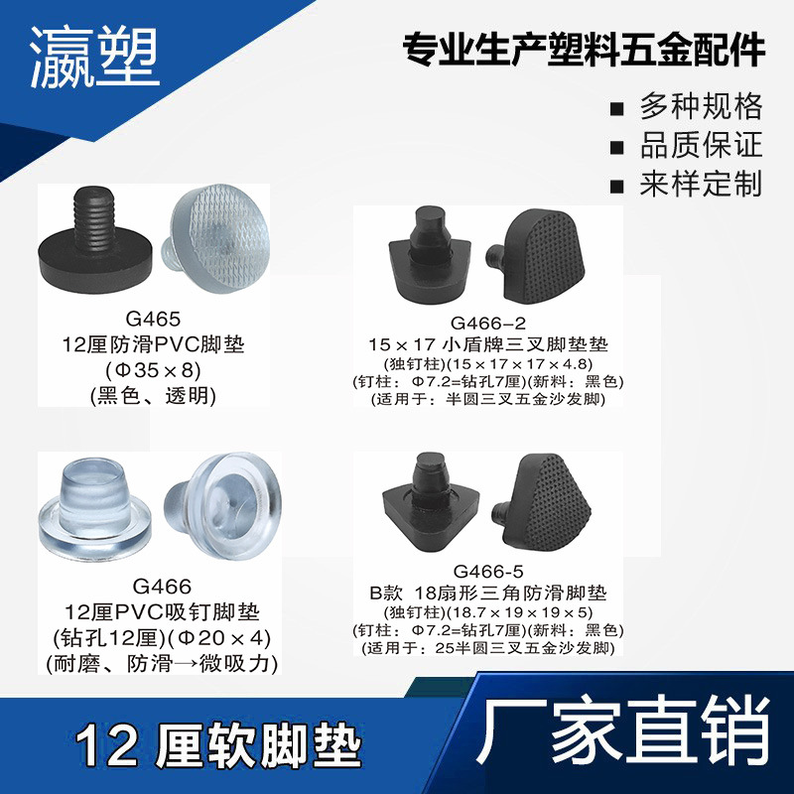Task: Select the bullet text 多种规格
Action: pyautogui.click(x=701, y=105)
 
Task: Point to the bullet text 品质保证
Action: pyautogui.click(x=701, y=145)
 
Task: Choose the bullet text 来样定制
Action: pyautogui.click(x=701, y=184)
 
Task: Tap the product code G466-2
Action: pyautogui.click(x=487, y=324)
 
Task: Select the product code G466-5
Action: pyautogui.click(x=487, y=572)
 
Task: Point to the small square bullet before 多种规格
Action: pyautogui.click(x=617, y=107)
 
